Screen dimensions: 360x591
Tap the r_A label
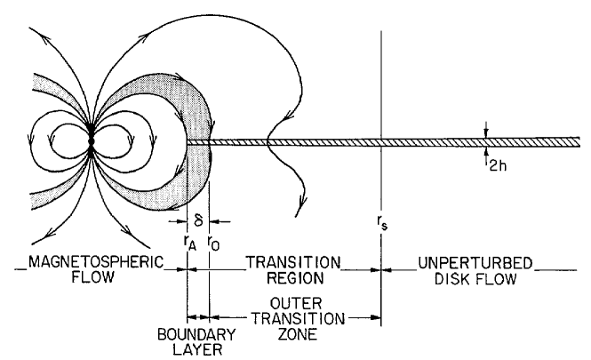(185, 239)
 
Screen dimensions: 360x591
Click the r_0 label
(212, 239)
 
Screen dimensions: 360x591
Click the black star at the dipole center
(92, 141)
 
